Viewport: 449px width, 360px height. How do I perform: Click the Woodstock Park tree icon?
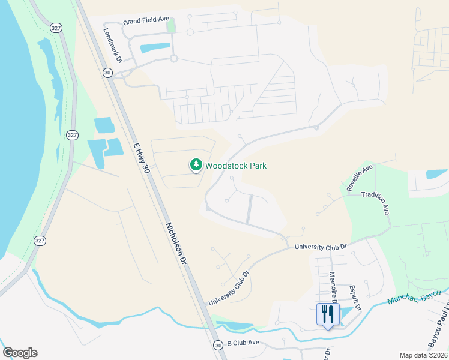(196, 164)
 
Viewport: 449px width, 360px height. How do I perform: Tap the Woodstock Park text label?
(236, 166)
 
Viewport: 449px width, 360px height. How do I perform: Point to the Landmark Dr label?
(113, 46)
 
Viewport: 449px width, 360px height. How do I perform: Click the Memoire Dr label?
(333, 286)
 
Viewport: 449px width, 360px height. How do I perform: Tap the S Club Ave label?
(243, 344)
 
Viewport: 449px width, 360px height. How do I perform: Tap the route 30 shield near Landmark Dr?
(107, 73)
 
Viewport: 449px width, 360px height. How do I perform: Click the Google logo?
(20, 352)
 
